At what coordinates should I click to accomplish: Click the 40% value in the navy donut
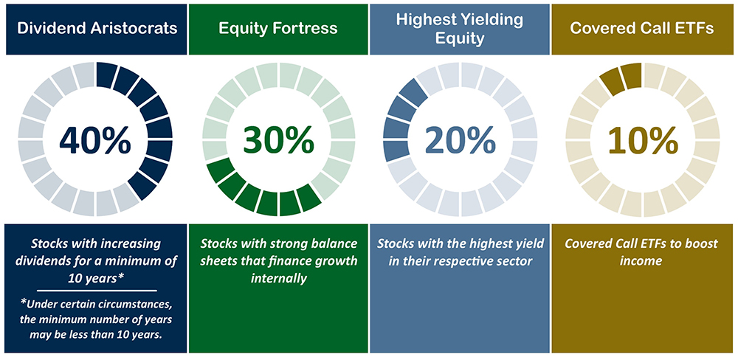click(94, 140)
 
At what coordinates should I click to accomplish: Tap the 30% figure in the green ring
click(279, 139)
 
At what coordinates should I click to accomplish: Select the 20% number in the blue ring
click(460, 139)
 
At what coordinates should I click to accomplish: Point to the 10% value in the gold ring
click(643, 139)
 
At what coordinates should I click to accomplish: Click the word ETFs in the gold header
click(694, 28)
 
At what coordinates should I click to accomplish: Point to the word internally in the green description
click(279, 278)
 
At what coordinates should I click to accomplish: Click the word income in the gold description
click(642, 260)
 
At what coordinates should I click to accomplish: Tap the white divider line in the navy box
click(97, 291)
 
